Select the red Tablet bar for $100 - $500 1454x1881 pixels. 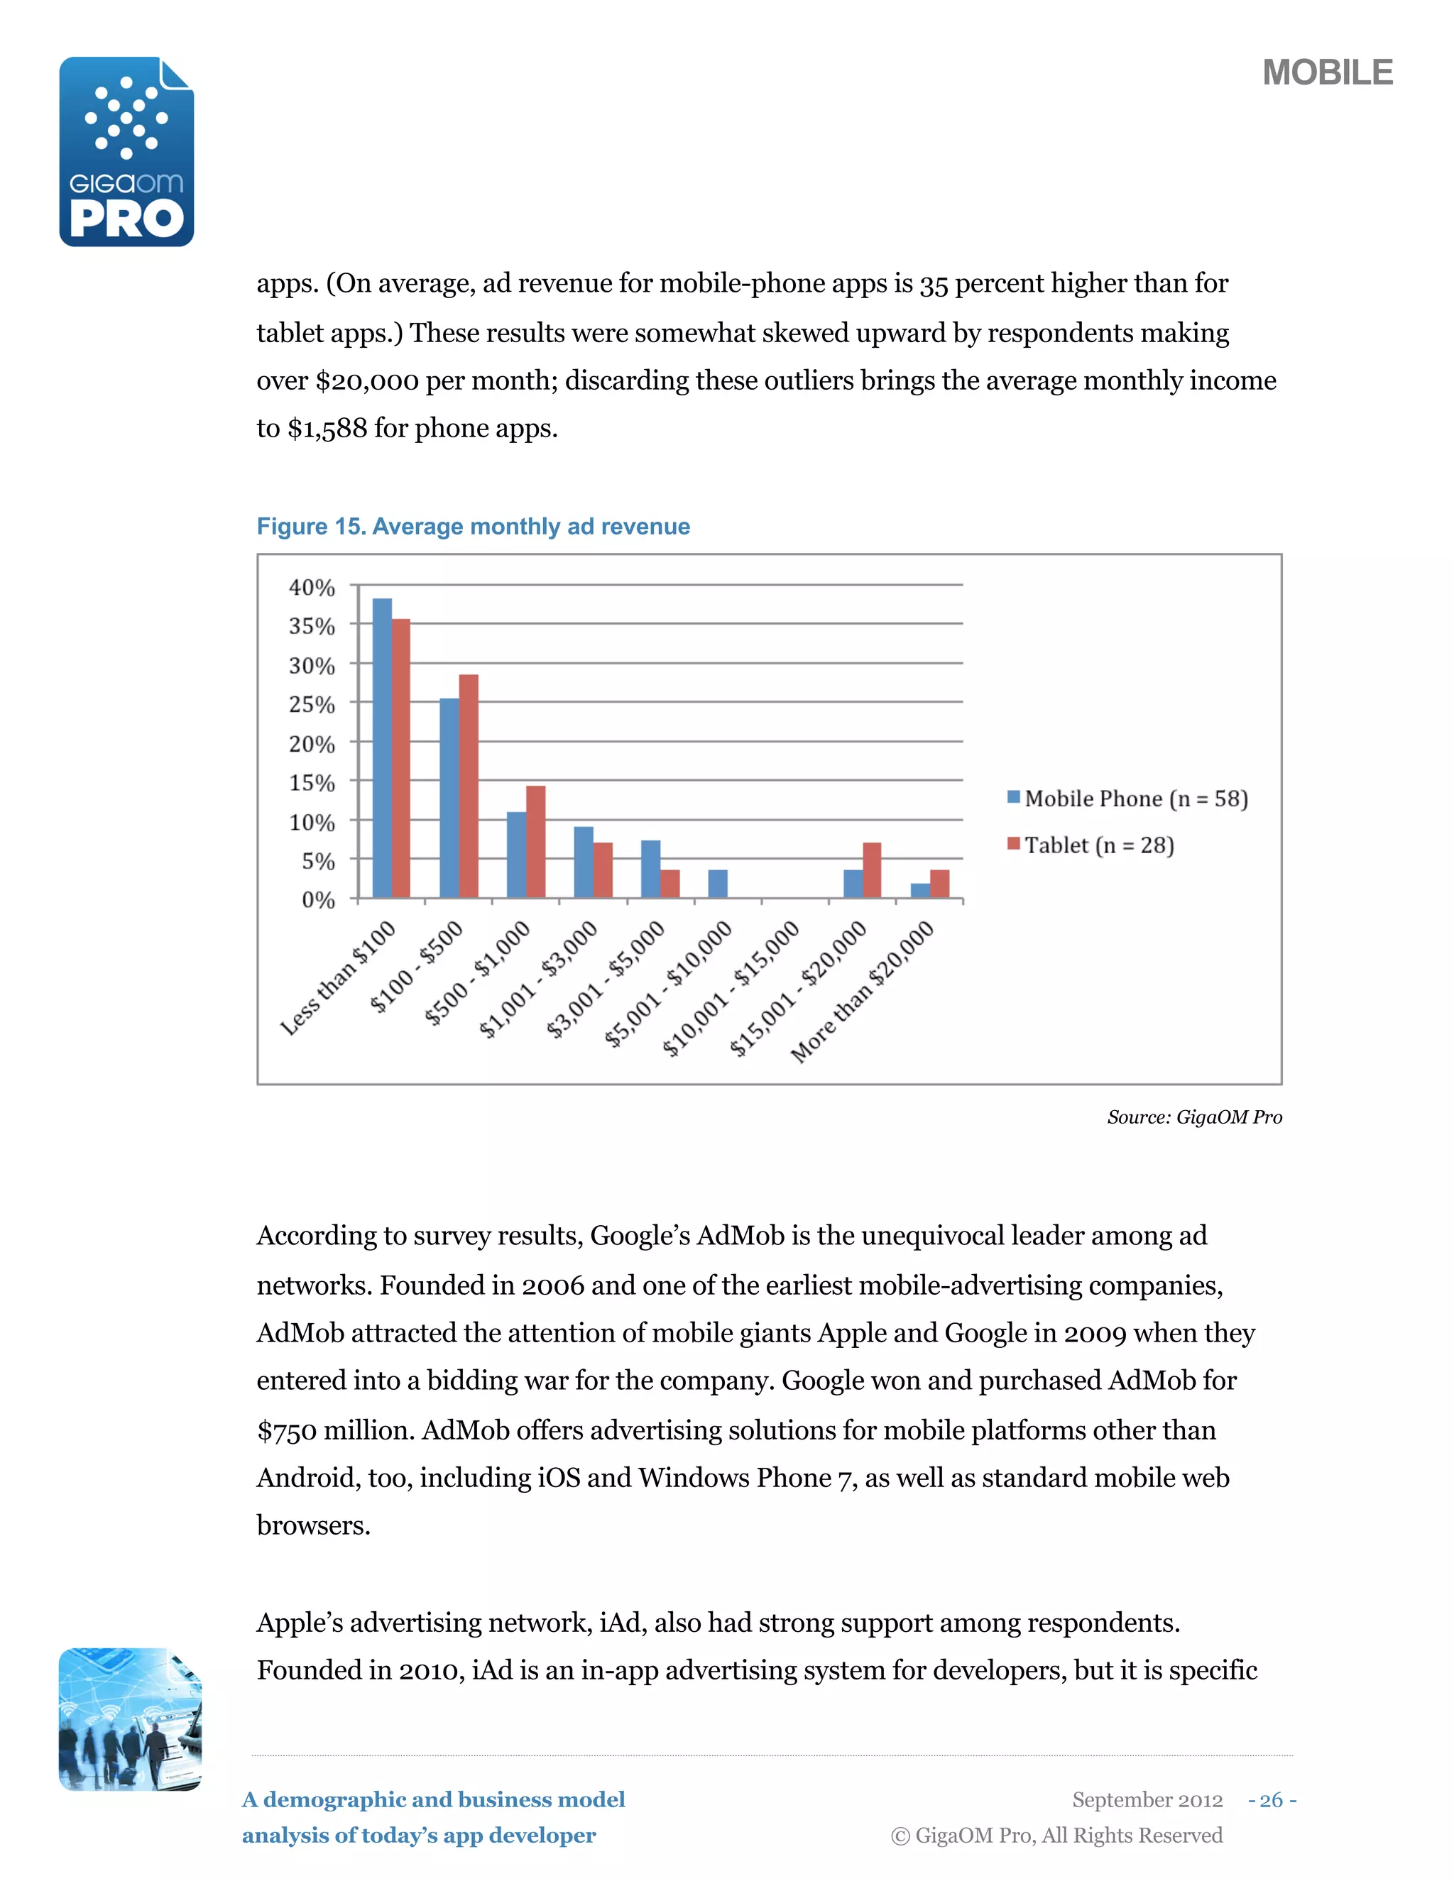(469, 786)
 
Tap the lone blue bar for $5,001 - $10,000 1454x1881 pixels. (718, 884)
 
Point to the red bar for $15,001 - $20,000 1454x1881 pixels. (872, 870)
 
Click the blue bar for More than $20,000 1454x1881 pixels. (920, 891)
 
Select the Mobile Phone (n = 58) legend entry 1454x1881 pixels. (1127, 799)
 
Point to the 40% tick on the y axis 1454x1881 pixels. (311, 588)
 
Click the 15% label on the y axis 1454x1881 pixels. (311, 783)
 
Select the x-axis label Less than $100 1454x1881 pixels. (338, 977)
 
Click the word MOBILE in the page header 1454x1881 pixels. (1326, 73)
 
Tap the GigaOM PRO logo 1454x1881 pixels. (126, 153)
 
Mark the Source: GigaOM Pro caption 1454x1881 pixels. (1194, 1117)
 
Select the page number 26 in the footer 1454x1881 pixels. (1271, 1800)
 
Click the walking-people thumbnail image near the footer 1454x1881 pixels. (129, 1719)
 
